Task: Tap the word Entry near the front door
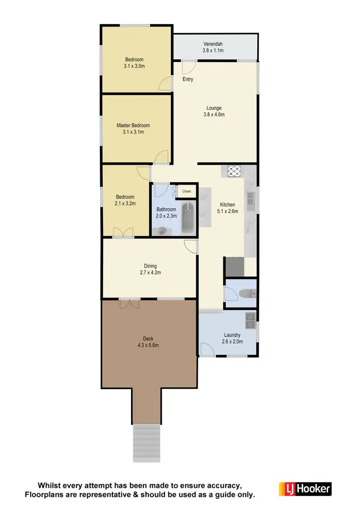[x=188, y=79]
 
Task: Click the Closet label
[x=186, y=191]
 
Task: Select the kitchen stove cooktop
[x=233, y=171]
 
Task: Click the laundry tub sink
[x=250, y=319]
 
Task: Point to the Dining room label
[x=150, y=266]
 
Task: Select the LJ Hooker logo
[x=305, y=489]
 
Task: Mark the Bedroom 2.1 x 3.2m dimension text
[x=125, y=203]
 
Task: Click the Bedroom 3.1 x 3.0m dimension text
[x=134, y=67]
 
